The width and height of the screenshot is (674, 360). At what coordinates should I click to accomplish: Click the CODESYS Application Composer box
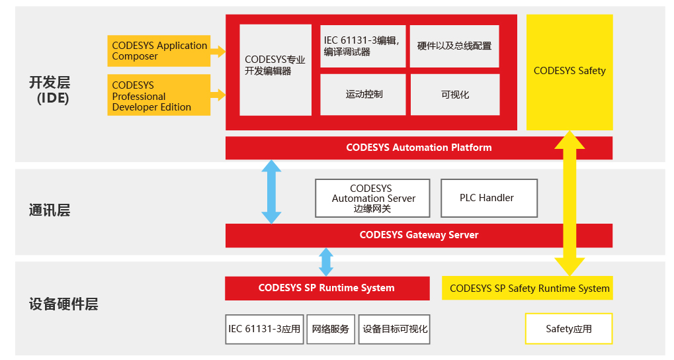[159, 51]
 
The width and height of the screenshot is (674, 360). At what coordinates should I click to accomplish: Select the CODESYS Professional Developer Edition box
[159, 95]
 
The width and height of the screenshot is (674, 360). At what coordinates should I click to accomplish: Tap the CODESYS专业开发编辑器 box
[275, 69]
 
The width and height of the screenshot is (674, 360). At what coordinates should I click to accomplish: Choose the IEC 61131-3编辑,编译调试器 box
[363, 46]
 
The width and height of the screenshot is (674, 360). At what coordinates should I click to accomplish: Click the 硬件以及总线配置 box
[454, 46]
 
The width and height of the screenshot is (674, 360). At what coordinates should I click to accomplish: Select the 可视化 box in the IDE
[454, 95]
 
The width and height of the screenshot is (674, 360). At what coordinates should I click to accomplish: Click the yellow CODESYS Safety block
[569, 71]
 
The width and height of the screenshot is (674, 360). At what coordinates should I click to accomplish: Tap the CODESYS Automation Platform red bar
[419, 148]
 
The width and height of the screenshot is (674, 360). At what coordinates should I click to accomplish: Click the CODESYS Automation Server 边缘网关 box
[373, 199]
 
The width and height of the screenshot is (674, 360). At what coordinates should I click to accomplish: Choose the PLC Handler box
[488, 199]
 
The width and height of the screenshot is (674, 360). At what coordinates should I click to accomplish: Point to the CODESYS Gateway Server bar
[419, 235]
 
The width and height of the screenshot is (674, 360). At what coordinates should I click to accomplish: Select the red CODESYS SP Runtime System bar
[327, 289]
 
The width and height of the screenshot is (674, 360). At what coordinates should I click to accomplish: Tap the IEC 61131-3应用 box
[265, 329]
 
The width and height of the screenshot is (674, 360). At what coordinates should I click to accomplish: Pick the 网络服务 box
[331, 329]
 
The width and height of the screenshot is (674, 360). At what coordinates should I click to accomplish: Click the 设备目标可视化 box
[395, 329]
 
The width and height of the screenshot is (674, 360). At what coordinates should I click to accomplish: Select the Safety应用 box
[569, 329]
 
